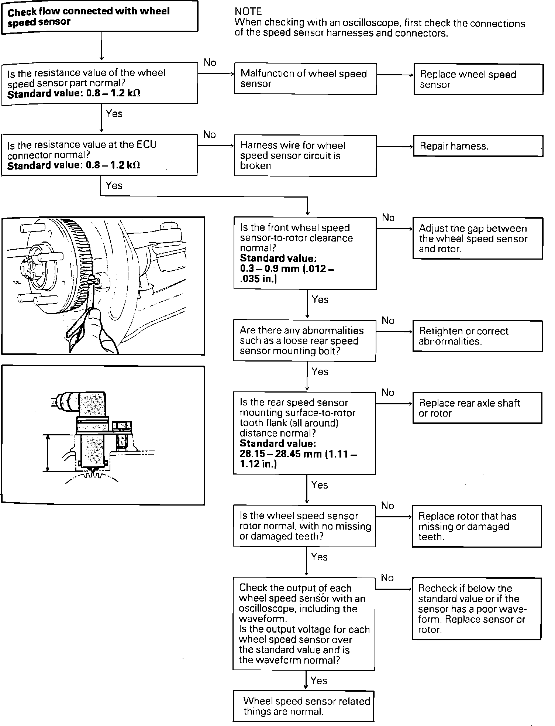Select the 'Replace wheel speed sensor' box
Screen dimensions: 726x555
pos(478,79)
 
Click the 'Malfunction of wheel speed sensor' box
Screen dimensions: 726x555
pos(305,79)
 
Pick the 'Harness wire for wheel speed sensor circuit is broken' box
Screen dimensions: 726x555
pos(305,155)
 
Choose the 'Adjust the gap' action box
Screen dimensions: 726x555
pos(478,238)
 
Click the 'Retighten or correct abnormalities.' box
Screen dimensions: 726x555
pos(478,336)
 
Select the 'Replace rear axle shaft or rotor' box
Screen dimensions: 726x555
pos(477,408)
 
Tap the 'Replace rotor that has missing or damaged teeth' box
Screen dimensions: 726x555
pos(477,526)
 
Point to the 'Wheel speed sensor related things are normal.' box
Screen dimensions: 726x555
pos(304,706)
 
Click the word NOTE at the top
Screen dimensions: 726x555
pos(248,12)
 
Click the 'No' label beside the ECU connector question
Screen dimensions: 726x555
pos(210,134)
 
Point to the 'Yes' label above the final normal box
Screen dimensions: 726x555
pos(319,680)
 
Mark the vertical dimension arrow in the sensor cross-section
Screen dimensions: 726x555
pos(47,453)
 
